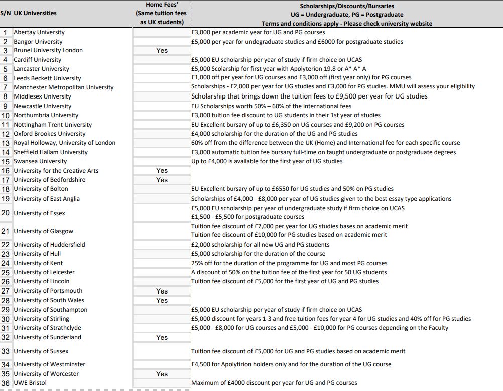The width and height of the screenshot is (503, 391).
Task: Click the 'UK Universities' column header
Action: tap(35, 13)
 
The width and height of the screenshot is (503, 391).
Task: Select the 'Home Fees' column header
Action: tap(162, 13)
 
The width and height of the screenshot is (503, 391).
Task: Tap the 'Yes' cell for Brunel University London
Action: tap(162, 50)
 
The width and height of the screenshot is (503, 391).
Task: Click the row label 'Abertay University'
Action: tap(39, 32)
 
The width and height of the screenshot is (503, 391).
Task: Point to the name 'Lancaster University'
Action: tap(41, 69)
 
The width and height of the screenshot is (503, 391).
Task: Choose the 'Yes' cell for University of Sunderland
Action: tap(162, 337)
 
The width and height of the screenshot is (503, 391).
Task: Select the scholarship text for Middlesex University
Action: tap(309, 96)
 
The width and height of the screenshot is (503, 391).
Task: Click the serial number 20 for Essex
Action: tap(6, 213)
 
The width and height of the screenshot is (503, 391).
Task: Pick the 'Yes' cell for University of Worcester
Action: tap(162, 374)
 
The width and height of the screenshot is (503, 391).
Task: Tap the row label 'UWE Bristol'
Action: tap(30, 383)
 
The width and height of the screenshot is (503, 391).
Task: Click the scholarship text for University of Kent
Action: tap(289, 263)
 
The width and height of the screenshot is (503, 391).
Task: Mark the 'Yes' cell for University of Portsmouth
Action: tap(162, 291)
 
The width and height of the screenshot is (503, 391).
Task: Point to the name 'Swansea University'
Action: tap(40, 161)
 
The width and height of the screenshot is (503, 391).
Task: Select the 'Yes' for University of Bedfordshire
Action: tap(162, 180)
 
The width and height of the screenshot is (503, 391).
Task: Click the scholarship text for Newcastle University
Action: tap(271, 106)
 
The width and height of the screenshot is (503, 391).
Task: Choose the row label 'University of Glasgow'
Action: tap(43, 231)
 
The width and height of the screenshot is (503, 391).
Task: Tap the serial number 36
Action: tap(6, 383)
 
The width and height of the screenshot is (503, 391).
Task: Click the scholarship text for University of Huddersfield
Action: tap(260, 245)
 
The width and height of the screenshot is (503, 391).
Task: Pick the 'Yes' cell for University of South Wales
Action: tap(162, 300)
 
